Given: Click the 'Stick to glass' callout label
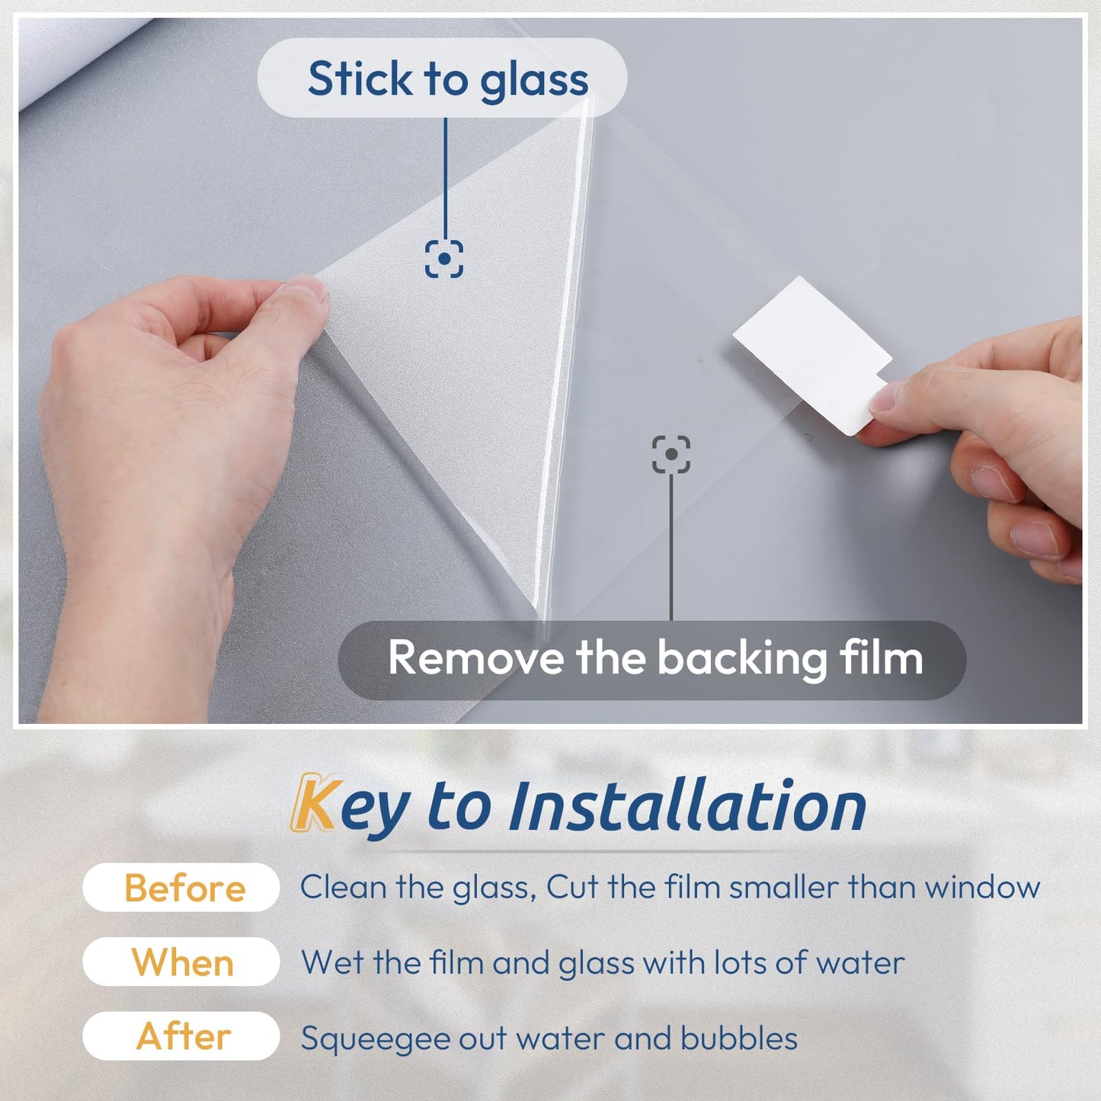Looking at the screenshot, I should point(442,78).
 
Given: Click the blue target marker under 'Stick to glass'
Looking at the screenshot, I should point(443,259).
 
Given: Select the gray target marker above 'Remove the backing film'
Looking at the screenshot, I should point(671,454).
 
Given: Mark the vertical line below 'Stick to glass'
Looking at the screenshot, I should point(445,175).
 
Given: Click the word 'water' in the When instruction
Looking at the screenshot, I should point(860,963).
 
